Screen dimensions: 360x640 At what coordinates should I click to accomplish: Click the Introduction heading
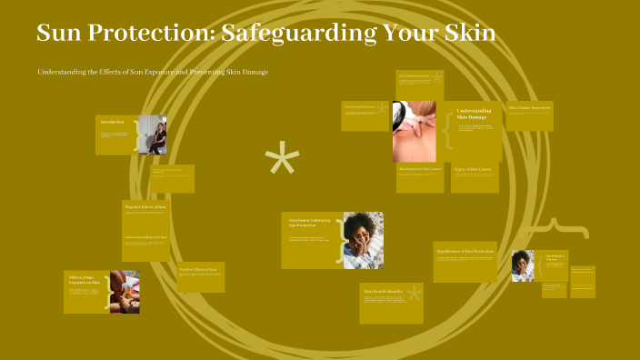(113, 122)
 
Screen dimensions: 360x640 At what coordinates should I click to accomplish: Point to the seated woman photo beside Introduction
(152, 135)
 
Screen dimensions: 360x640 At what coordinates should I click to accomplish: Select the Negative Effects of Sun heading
(145, 207)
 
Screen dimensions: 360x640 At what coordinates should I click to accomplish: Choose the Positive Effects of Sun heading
(197, 269)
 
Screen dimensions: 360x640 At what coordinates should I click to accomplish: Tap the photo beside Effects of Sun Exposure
(125, 292)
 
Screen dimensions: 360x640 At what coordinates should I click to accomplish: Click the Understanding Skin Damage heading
(474, 114)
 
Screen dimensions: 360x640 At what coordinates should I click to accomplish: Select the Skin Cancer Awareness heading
(530, 108)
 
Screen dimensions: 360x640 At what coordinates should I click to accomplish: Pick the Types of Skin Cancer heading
(473, 170)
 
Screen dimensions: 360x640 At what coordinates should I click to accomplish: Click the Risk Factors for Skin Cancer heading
(419, 169)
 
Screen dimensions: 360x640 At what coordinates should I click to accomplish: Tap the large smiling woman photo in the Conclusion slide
(363, 240)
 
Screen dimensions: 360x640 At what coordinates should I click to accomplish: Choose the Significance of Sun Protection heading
(464, 250)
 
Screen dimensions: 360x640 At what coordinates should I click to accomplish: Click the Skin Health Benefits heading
(384, 291)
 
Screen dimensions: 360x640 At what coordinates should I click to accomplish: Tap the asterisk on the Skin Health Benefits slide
(415, 293)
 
